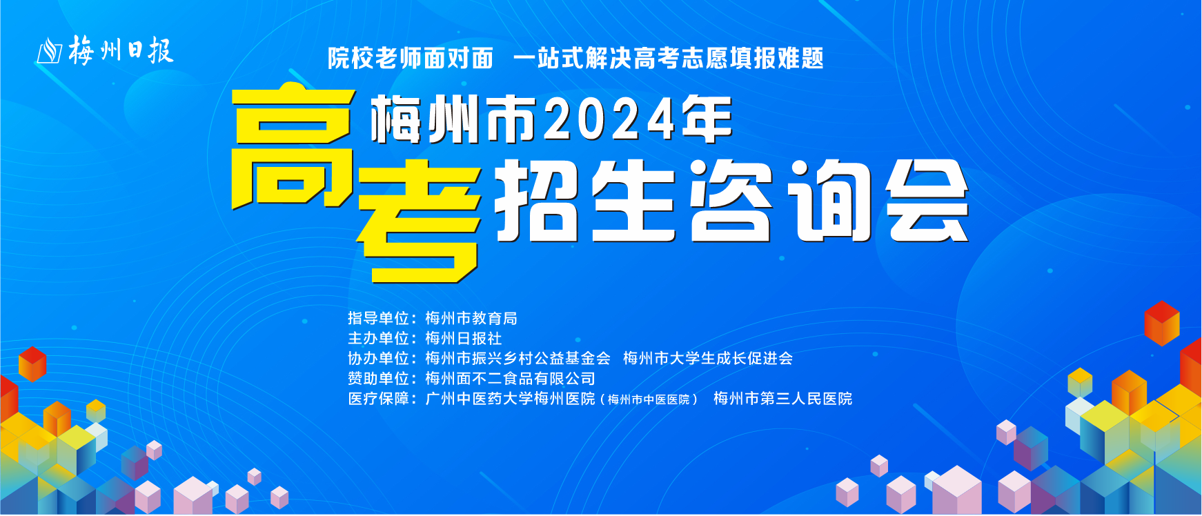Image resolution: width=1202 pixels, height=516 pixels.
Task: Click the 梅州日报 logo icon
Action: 50,51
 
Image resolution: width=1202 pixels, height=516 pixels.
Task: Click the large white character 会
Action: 927,201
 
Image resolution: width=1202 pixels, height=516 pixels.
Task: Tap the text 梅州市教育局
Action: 471,318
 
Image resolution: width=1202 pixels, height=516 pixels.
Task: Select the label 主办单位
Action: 378,338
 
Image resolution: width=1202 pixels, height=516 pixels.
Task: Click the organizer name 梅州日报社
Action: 464,338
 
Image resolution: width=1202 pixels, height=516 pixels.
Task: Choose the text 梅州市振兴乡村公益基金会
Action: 518,358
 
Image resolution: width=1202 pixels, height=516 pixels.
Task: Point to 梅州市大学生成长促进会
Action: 708,358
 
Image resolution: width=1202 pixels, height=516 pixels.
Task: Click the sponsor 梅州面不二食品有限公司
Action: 510,378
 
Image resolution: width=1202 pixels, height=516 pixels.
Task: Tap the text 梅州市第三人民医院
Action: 782,398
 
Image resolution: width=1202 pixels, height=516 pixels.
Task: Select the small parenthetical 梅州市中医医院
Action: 649,399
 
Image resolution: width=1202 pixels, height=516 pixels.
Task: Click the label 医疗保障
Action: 378,398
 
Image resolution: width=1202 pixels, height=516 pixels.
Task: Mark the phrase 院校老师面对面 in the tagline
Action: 411,58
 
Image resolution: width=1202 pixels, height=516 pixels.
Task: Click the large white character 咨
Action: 731,201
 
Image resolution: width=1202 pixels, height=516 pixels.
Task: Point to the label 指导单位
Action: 378,318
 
